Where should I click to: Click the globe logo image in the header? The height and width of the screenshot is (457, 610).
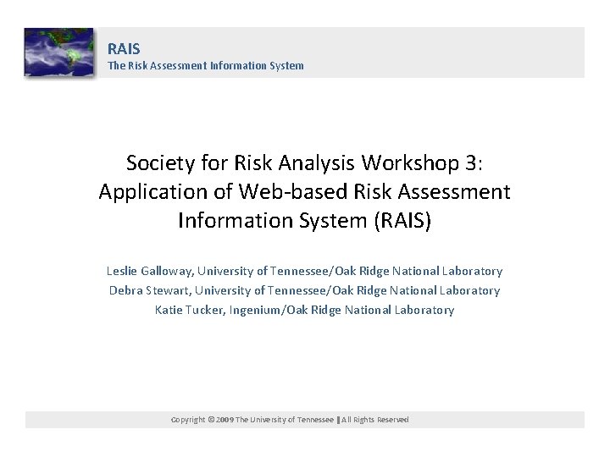point(58,52)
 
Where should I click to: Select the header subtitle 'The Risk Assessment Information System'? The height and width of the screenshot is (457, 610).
point(205,65)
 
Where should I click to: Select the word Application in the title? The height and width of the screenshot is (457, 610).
point(144,192)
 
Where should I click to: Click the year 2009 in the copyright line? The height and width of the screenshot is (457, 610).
point(223,420)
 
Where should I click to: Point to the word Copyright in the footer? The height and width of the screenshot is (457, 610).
point(188,420)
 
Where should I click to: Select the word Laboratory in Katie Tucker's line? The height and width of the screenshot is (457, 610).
point(425,310)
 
